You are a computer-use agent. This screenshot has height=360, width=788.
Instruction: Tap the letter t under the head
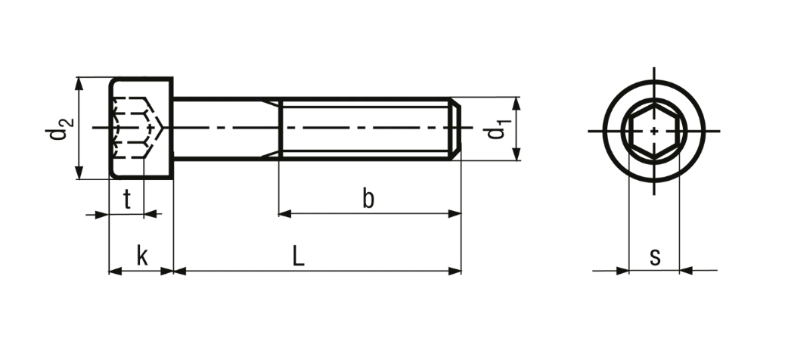click(127, 200)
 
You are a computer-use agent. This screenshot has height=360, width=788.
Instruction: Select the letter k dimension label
click(142, 256)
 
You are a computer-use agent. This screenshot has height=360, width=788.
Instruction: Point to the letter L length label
click(299, 256)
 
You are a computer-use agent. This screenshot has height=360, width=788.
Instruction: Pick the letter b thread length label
click(368, 199)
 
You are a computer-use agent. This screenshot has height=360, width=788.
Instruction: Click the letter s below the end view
click(654, 257)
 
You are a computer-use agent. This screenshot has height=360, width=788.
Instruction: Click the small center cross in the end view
click(654, 131)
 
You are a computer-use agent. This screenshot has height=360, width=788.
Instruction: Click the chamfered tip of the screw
click(454, 129)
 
